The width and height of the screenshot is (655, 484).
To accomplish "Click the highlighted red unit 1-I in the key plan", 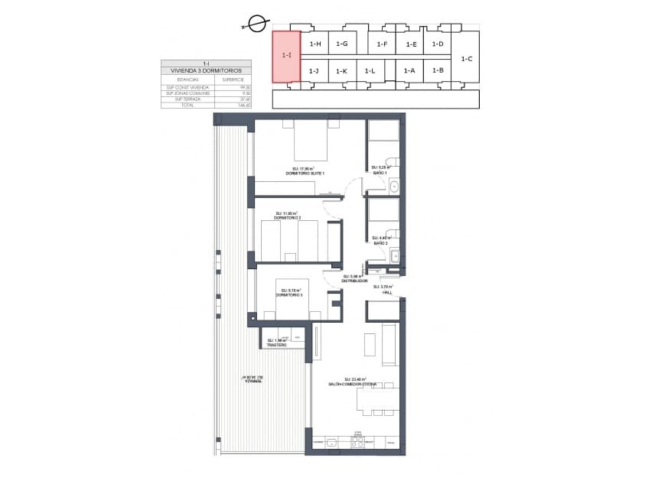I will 286,56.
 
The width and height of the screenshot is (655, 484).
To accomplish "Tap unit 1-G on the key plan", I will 342,44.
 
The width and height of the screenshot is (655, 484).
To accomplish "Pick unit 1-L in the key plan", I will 370,71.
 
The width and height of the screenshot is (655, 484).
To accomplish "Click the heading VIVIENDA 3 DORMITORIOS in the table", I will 207,70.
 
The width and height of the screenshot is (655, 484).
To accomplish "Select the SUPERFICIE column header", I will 233,79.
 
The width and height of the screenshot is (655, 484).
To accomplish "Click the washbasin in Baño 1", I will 394,186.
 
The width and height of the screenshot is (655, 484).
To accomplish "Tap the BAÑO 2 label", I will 381,243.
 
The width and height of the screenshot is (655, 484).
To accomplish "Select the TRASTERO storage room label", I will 276,345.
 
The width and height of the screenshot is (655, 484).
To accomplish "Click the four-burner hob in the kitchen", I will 357,442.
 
